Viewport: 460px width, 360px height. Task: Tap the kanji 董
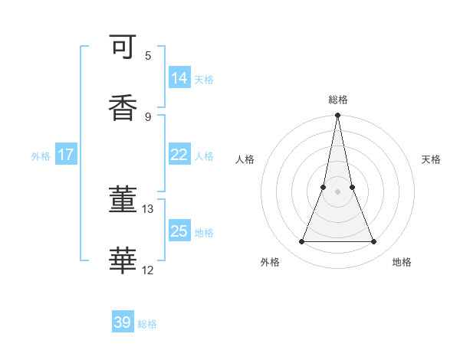click(123, 201)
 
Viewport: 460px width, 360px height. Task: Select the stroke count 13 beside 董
click(148, 208)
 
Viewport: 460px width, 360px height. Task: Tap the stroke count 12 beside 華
click(148, 270)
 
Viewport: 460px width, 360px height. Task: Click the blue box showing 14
click(179, 78)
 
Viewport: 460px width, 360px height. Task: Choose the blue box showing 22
click(179, 155)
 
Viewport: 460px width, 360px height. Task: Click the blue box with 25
click(179, 231)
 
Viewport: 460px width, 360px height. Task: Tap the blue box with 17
click(66, 155)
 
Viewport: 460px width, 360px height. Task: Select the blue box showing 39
click(123, 322)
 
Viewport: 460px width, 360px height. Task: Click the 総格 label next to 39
click(147, 324)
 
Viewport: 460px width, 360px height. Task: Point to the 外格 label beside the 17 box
click(41, 156)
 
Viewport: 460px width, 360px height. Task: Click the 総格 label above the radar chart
click(338, 100)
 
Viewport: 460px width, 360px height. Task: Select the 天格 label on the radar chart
click(432, 159)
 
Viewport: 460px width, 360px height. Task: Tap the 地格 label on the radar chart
click(402, 262)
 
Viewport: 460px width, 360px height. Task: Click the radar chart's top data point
click(337, 116)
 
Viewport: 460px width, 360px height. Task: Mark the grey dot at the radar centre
click(337, 191)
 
